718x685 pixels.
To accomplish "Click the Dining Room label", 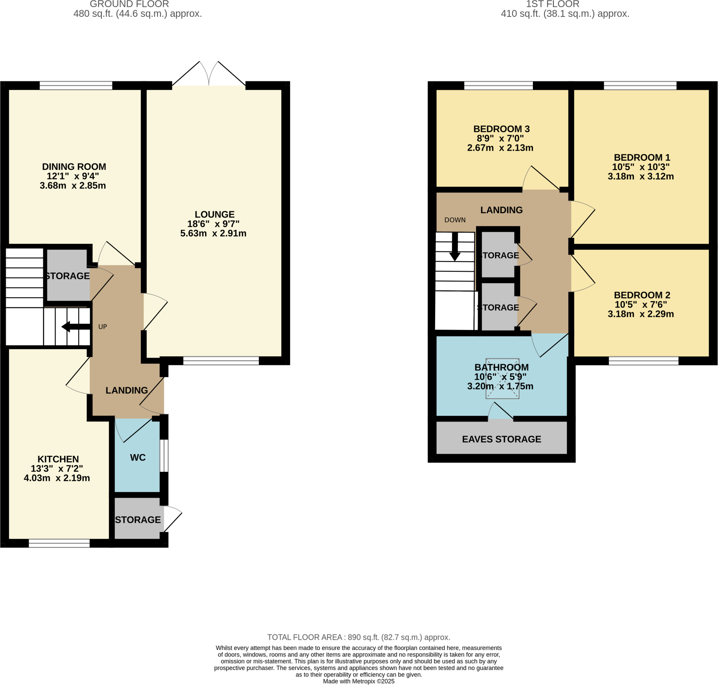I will [74, 167].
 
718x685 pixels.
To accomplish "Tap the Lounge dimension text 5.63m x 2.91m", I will [213, 233].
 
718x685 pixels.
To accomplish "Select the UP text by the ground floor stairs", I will [103, 327].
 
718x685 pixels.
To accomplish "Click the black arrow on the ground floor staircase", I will [75, 326].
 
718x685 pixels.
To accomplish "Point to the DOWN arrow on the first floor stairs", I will [454, 246].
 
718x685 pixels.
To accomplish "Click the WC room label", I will [138, 457].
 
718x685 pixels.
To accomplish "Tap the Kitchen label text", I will [58, 459].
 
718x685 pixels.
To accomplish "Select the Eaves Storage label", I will [501, 439].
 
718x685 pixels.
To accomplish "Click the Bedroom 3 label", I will [501, 129].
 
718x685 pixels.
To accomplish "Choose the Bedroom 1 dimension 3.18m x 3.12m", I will [640, 176].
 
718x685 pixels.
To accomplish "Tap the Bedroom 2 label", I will [642, 295].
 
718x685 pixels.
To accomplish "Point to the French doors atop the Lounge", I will [209, 75].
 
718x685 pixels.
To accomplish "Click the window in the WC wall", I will [164, 455].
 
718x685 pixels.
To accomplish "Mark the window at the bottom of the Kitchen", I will [59, 543].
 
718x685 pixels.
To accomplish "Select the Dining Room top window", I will [76, 86].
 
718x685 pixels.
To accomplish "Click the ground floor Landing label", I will [126, 390].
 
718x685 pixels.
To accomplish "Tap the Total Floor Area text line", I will [358, 637].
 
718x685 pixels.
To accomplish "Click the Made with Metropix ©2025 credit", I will [358, 681].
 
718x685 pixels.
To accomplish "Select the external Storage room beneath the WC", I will [138, 520].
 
